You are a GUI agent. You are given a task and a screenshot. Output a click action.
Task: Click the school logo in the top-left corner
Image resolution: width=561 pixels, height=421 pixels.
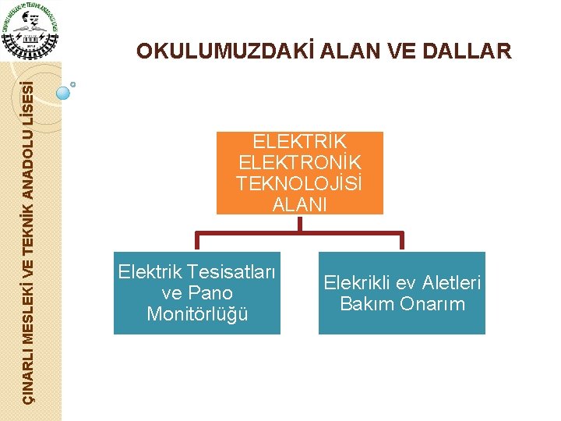30,30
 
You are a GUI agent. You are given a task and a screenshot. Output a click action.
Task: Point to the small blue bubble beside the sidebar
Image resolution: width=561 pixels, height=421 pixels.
63,93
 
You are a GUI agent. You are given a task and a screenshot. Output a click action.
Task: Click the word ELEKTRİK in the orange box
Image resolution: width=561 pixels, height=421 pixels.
300,142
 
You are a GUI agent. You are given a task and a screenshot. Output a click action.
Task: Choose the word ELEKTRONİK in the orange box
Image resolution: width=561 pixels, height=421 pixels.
300,163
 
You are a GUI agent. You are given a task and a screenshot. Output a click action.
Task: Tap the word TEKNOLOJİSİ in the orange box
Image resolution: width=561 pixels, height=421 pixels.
300,184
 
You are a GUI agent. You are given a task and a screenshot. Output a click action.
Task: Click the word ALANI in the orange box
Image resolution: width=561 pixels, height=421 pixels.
300,204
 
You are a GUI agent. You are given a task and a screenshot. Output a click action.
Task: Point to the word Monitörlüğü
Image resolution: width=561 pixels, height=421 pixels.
197,314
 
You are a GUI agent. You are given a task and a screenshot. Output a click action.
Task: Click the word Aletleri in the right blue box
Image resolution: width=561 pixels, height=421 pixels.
453,283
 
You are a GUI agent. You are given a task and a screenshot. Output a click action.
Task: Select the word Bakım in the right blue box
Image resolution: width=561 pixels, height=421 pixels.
366,304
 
